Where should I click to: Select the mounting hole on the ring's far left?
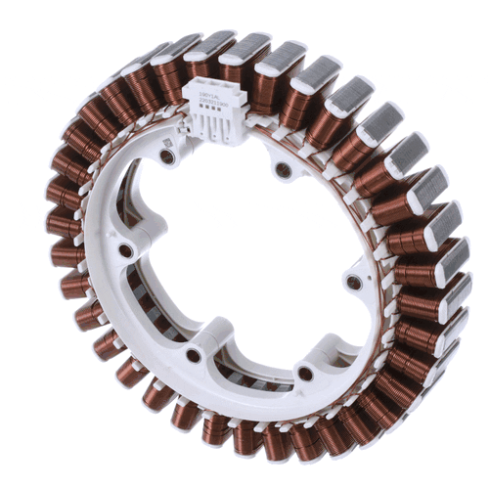tap(127, 251)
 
